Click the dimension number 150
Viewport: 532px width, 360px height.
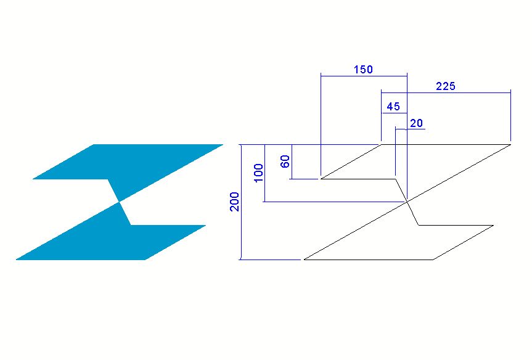tap(363, 70)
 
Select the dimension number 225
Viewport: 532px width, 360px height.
tap(446, 86)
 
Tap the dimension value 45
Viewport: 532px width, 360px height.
tap(393, 107)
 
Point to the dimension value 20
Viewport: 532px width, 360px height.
tap(416, 123)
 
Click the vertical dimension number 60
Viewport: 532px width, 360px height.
tap(285, 161)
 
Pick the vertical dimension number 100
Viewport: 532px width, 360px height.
tap(258, 173)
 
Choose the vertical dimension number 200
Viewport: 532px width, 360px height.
tap(234, 202)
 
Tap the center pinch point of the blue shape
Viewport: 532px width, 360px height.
tap(120, 202)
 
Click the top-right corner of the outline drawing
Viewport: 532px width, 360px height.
tap(510, 144)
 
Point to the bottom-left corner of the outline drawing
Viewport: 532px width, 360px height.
tap(304, 260)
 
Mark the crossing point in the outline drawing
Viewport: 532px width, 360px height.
tap(407, 202)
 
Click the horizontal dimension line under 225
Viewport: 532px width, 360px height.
tap(446, 92)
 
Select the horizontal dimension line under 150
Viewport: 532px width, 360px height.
tap(364, 76)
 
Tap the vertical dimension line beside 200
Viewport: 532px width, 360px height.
tap(241, 202)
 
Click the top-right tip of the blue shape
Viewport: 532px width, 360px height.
tap(223, 145)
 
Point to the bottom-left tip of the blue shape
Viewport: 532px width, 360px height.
tap(17, 260)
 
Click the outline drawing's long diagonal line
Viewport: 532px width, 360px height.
tap(407, 202)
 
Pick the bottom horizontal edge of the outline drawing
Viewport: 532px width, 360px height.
tap(369, 260)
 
